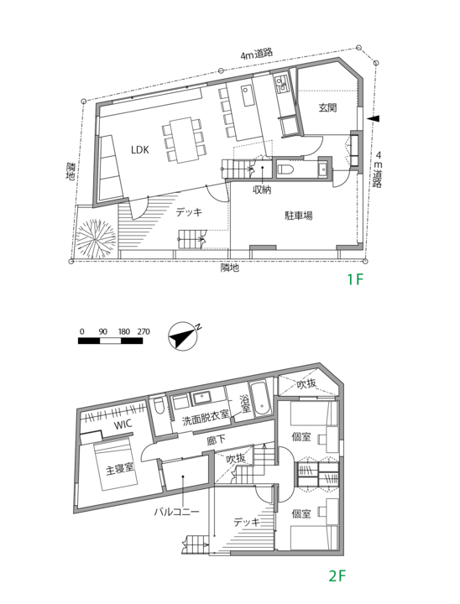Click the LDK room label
click(x=139, y=150)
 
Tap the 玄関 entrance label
click(x=327, y=107)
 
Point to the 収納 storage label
click(x=262, y=190)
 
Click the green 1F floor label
click(x=354, y=280)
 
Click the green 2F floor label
click(x=337, y=576)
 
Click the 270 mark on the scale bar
click(x=142, y=332)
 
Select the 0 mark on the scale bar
click(x=81, y=332)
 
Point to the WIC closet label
click(x=124, y=425)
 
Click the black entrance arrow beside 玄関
click(x=375, y=119)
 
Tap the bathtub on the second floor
click(x=259, y=401)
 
